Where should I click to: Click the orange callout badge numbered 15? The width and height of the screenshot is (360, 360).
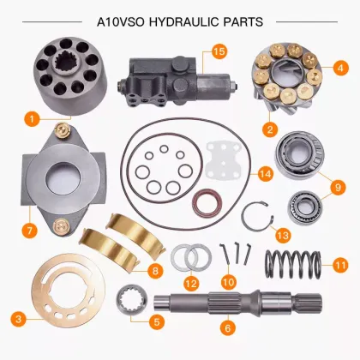point(219,52)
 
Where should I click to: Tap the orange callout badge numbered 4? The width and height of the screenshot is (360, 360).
point(340,66)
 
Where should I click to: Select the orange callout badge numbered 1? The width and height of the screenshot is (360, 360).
point(31,117)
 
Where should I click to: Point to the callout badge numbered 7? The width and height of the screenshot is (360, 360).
point(30,231)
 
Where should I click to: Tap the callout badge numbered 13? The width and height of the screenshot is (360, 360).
point(282,234)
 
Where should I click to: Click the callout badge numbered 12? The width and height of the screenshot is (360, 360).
point(191,282)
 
